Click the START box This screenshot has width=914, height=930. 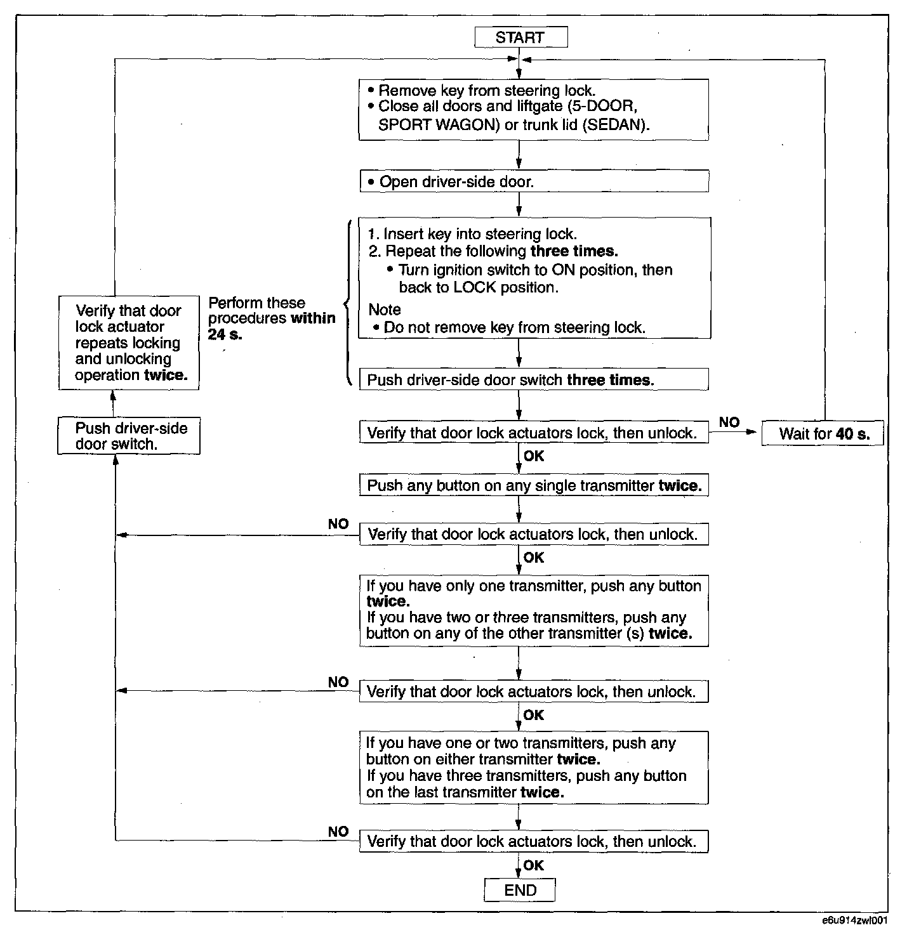(x=520, y=37)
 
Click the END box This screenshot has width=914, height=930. (x=520, y=890)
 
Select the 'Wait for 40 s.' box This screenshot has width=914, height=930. (x=823, y=434)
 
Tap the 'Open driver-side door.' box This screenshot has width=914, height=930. (x=533, y=182)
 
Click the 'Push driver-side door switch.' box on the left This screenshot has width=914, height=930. (x=129, y=436)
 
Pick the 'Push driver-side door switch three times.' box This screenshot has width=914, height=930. (x=533, y=380)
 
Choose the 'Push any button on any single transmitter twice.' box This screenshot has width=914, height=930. (x=533, y=486)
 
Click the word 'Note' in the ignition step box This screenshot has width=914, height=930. (x=385, y=310)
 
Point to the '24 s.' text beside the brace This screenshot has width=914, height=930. (x=225, y=334)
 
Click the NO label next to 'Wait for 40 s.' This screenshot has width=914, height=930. (x=729, y=422)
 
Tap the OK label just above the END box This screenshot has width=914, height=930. (x=534, y=865)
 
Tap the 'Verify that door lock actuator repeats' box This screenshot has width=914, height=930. (x=129, y=343)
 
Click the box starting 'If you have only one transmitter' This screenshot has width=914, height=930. (x=533, y=610)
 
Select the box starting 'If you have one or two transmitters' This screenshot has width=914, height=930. (x=533, y=768)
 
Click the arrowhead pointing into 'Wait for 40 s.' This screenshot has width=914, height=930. (x=753, y=433)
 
